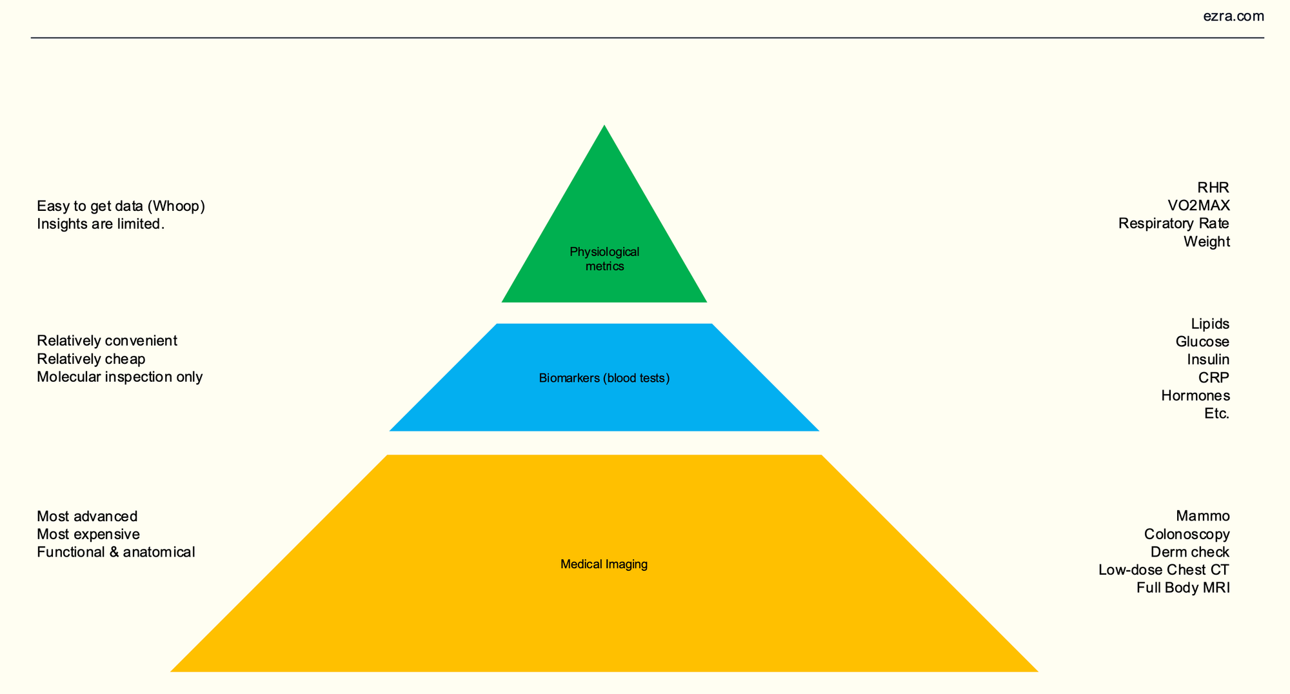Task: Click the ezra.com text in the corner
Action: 1233,17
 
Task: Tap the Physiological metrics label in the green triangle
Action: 604,259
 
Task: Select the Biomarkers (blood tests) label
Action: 604,379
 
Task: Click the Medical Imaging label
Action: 604,564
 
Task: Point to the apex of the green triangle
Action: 604,128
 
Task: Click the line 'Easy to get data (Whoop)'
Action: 121,206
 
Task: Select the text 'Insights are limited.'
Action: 101,224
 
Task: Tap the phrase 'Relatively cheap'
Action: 91,359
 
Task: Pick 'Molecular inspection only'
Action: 119,377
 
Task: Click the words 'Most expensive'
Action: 88,534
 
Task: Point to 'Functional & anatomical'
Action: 115,552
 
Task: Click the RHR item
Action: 1213,188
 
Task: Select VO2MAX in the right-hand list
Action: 1198,206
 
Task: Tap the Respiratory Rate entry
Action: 1173,224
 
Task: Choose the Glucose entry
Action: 1202,342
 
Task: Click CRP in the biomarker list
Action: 1214,377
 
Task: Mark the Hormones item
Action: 1195,395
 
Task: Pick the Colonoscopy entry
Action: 1187,534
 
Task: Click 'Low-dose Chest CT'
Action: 1164,570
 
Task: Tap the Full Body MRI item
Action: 1183,588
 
